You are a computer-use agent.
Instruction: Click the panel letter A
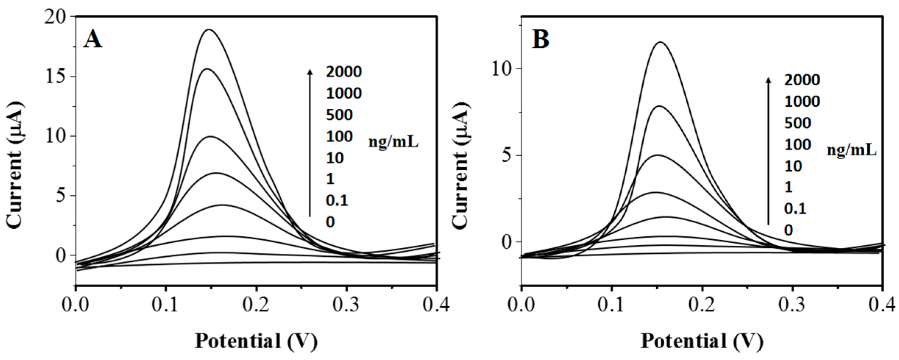pyautogui.click(x=92, y=39)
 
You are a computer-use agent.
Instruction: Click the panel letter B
pyautogui.click(x=540, y=39)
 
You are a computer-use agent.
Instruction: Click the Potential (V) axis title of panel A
pyautogui.click(x=256, y=341)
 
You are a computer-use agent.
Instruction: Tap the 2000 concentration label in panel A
pyautogui.click(x=344, y=72)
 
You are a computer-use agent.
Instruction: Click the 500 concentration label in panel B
pyautogui.click(x=797, y=123)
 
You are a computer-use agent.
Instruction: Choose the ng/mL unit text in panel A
pyautogui.click(x=393, y=142)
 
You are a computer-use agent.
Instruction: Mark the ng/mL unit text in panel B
pyautogui.click(x=852, y=150)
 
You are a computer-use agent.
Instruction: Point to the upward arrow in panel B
pyautogui.click(x=768, y=151)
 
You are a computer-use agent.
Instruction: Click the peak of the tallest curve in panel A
pyautogui.click(x=209, y=29)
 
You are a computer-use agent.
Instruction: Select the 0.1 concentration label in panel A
pyautogui.click(x=337, y=201)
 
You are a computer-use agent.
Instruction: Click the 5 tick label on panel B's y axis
pyautogui.click(x=509, y=155)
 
